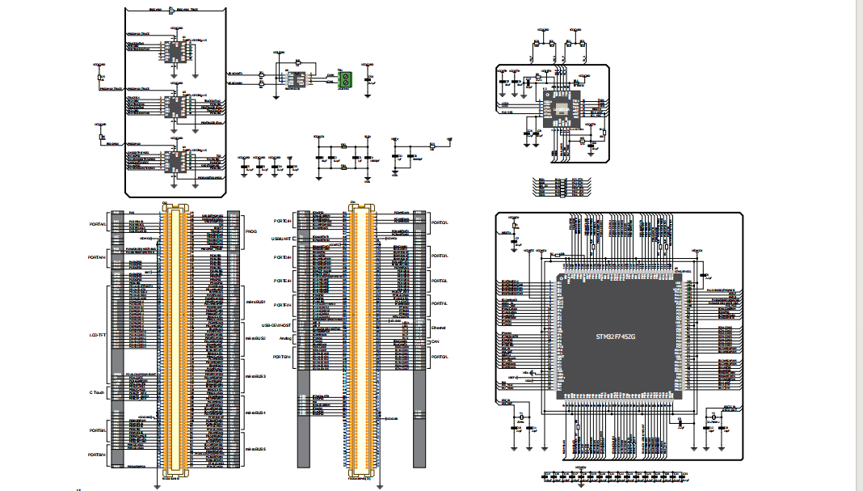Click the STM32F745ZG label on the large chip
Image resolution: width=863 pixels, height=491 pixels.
[x=616, y=336]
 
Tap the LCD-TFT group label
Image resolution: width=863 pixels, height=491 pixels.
[x=97, y=333]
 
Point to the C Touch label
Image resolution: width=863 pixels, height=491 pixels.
[x=98, y=392]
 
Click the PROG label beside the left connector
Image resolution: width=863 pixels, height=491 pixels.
[x=250, y=231]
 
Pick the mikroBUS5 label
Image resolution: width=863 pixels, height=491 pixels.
[x=255, y=449]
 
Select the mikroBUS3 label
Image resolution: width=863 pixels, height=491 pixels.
[x=255, y=376]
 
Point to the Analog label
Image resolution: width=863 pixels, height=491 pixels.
[x=284, y=338]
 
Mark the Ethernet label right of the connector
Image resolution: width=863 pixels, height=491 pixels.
[x=439, y=328]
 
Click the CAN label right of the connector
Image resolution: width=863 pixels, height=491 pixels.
[x=436, y=341]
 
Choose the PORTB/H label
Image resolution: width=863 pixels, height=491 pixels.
[x=97, y=455]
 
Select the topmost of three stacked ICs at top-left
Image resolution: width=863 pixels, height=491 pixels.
[x=175, y=50]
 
